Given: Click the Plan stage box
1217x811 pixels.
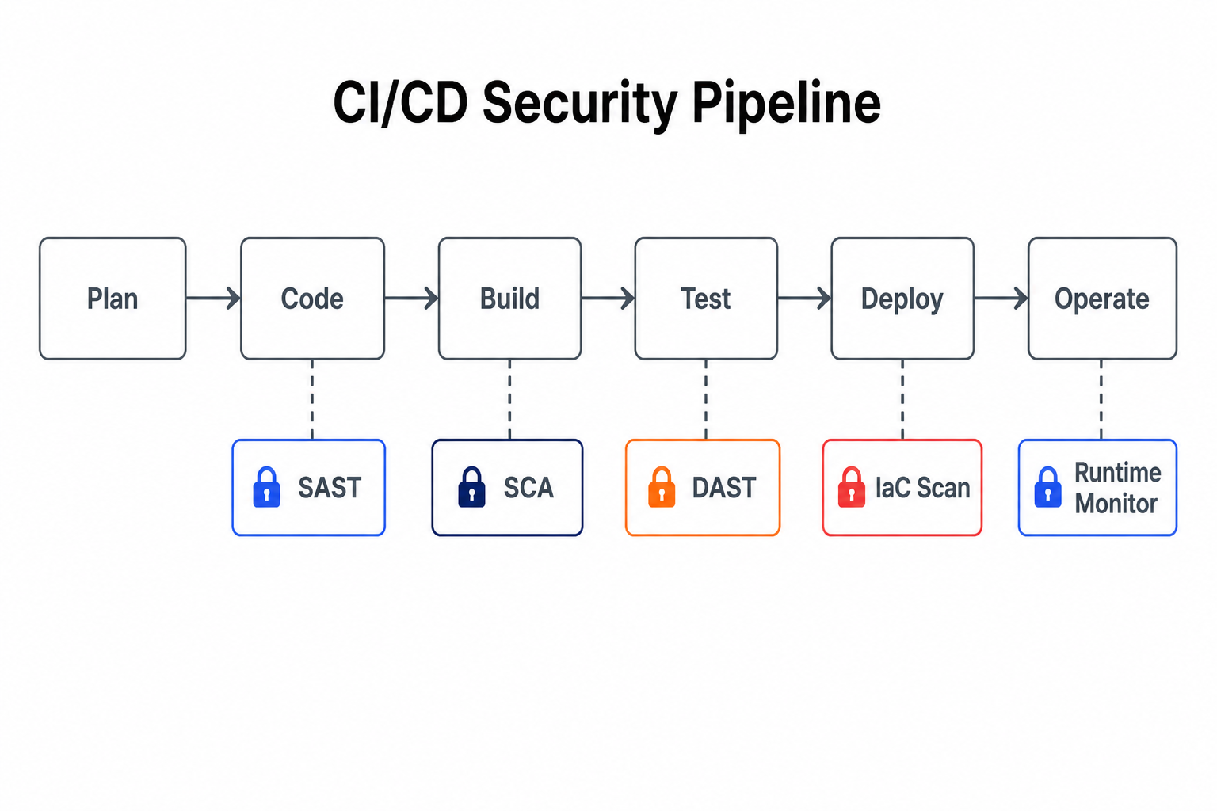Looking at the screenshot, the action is [x=113, y=299].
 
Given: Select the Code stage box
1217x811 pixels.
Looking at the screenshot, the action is [x=312, y=299].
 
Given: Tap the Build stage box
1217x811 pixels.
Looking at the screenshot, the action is [x=509, y=299].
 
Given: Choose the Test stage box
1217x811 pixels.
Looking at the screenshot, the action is [x=706, y=299].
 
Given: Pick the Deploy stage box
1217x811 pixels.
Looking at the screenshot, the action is [x=902, y=299].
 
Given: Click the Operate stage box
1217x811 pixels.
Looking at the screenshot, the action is [x=1102, y=299].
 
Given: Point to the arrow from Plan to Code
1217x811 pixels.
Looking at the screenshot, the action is [x=213, y=299].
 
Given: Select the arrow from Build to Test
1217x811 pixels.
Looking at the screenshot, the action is [x=608, y=299].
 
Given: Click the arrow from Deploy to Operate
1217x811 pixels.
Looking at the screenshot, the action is [x=1001, y=299].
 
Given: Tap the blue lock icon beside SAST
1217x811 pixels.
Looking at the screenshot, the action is [x=267, y=487].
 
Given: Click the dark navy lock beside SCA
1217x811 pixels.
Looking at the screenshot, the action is [x=471, y=487].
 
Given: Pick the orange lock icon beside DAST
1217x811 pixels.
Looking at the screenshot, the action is [x=662, y=487].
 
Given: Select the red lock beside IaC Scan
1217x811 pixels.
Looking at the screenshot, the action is [x=852, y=487].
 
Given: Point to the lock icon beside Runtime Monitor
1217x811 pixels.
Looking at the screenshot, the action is [x=1047, y=487].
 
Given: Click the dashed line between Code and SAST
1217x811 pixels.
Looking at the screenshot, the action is [x=312, y=399].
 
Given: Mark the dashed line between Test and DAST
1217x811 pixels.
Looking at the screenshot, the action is [x=706, y=399].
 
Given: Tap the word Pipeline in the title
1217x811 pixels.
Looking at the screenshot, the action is [x=786, y=103].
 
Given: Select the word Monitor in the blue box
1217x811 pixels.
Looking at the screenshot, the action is [x=1116, y=504].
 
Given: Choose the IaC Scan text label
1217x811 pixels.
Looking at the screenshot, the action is [x=922, y=487].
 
